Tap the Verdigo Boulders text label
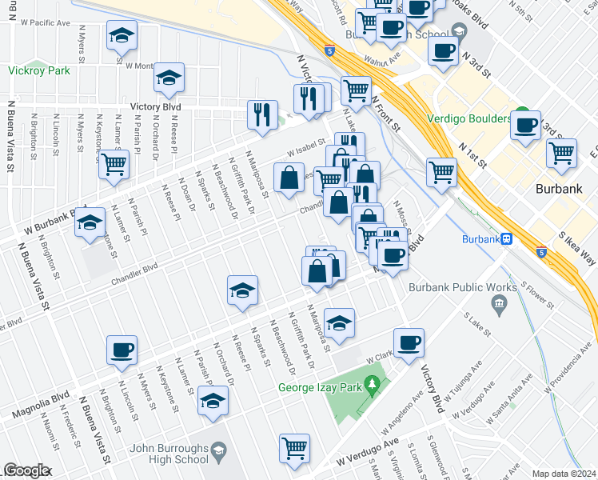click(473, 119)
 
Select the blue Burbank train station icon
click(505, 238)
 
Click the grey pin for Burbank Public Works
click(500, 302)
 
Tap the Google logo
click(26, 470)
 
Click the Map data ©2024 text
click(564, 474)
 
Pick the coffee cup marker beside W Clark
click(409, 342)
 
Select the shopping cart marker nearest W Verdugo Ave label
click(295, 447)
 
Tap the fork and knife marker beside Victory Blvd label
click(262, 114)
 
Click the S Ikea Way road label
click(578, 247)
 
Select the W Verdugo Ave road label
click(367, 452)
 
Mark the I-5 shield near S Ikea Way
click(542, 253)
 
